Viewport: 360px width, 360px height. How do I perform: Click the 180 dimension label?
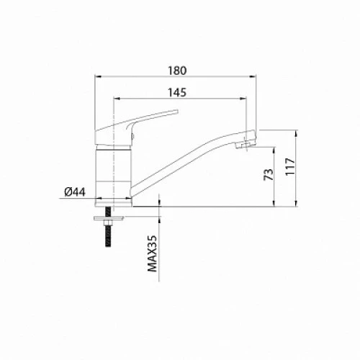[177, 71]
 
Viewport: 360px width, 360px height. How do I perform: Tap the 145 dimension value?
[177, 93]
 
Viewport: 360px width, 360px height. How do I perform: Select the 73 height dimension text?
[269, 174]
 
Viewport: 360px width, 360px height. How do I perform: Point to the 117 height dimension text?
[290, 167]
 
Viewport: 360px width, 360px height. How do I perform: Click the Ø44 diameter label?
[75, 192]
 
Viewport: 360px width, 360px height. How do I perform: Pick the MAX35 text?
[152, 253]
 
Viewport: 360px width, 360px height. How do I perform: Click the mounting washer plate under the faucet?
[109, 218]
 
